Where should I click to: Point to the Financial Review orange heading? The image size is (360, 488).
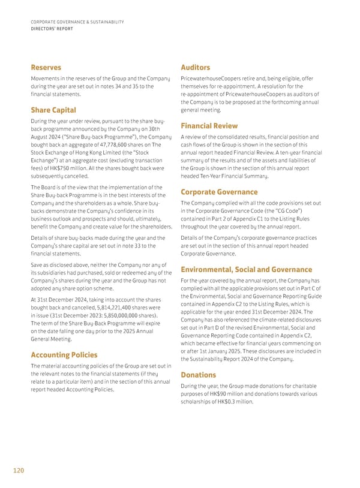[209, 126]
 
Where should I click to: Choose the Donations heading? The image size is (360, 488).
[200, 375]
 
